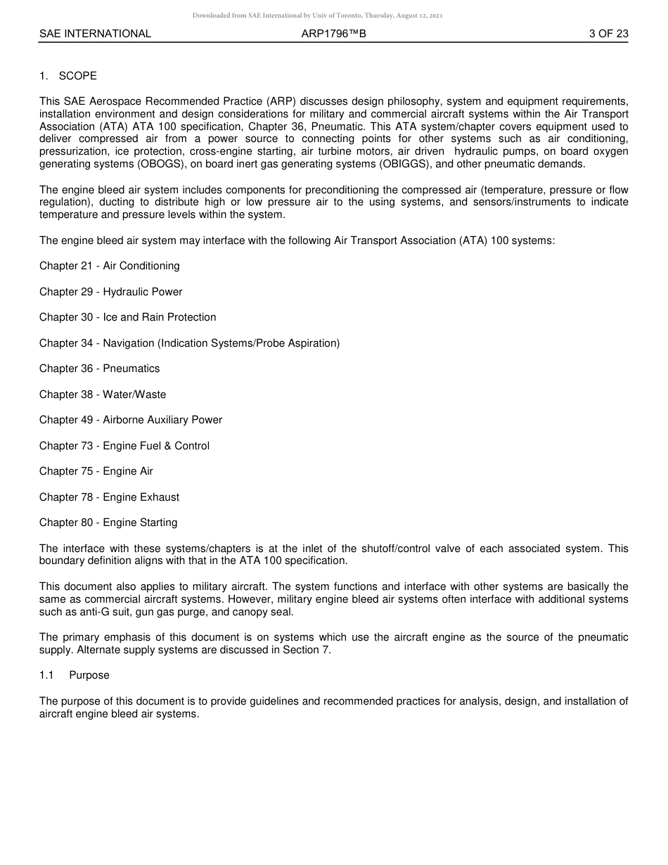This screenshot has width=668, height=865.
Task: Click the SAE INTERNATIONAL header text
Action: [x=95, y=34]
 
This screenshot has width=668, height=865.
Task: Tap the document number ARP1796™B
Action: [x=333, y=34]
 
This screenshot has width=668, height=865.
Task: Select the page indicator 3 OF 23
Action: [x=608, y=34]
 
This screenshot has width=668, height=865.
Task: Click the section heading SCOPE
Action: [x=78, y=76]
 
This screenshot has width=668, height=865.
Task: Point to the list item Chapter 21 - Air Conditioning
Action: [x=110, y=266]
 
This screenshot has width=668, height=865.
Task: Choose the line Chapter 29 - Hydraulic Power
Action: [x=111, y=292]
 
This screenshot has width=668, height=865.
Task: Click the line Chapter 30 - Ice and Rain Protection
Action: [x=128, y=317]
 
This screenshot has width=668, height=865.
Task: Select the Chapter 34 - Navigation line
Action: [x=189, y=343]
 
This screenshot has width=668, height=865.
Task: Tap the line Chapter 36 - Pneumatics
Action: [x=100, y=369]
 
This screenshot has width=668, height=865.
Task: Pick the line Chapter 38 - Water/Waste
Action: [x=103, y=395]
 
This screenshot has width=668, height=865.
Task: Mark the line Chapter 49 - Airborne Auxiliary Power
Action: [x=131, y=420]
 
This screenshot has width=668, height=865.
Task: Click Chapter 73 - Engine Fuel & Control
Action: [x=124, y=446]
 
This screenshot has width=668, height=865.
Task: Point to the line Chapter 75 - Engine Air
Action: [x=96, y=471]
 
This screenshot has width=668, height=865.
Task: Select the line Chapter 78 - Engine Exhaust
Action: [x=110, y=497]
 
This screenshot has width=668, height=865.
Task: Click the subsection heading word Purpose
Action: [x=89, y=675]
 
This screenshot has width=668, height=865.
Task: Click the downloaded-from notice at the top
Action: [x=317, y=15]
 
